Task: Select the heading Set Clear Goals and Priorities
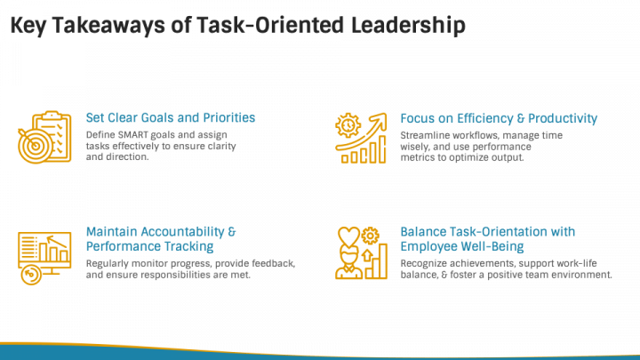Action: pos(171,117)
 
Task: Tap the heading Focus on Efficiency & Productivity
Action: pos(499,118)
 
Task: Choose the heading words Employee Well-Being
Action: pos(462,246)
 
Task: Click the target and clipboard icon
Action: pos(41,137)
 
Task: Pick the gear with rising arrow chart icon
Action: pos(361,138)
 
